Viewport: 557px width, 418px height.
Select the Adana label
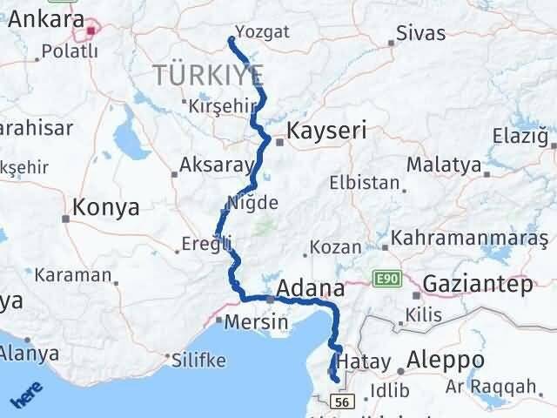coord(311,287)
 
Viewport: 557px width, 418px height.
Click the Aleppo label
coord(453,360)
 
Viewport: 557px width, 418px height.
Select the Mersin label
coord(256,321)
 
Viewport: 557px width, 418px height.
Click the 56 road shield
coord(344,401)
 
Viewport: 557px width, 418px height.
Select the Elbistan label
coord(364,183)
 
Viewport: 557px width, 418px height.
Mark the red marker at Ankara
coord(91,33)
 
